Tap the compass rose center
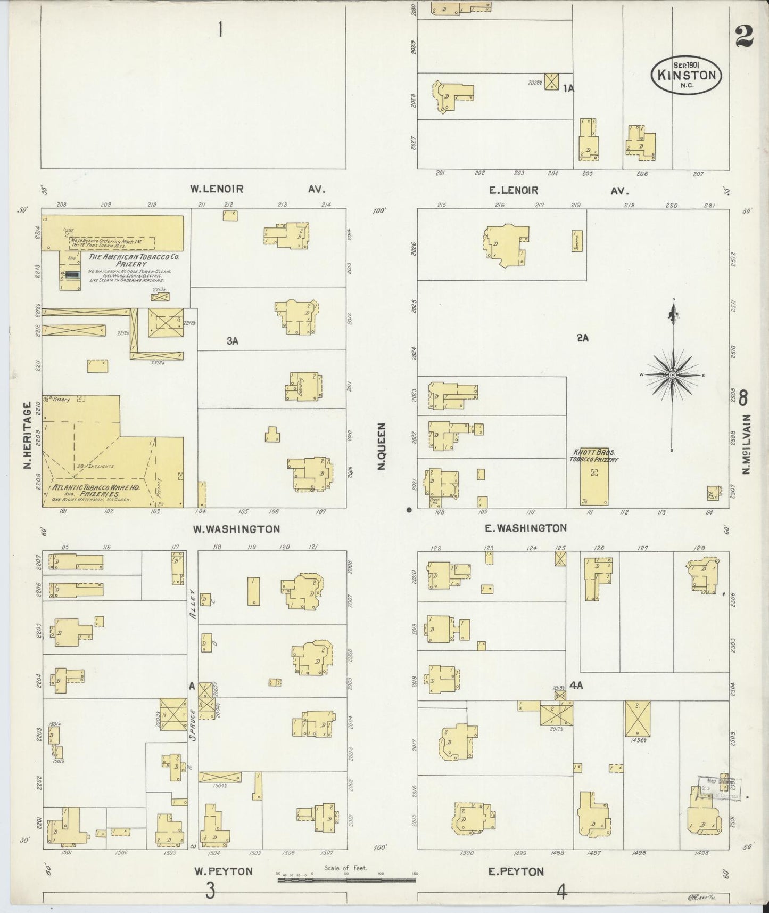(x=673, y=375)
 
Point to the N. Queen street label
(x=381, y=447)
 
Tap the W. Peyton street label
(x=223, y=871)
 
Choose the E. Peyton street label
(x=516, y=871)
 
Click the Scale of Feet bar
(x=346, y=880)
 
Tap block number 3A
(x=232, y=341)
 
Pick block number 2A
(x=583, y=338)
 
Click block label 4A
(x=576, y=686)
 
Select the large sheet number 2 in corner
(x=743, y=37)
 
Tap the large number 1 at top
(x=219, y=30)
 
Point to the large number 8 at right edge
(x=743, y=397)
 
